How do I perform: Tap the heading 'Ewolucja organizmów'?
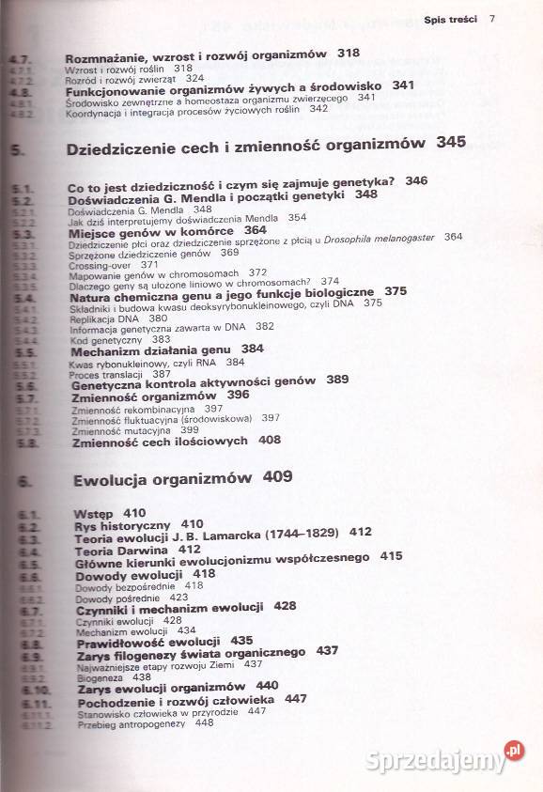[163, 478]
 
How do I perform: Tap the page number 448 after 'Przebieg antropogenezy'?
[204, 722]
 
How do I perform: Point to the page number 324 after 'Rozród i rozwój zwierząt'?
[195, 81]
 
